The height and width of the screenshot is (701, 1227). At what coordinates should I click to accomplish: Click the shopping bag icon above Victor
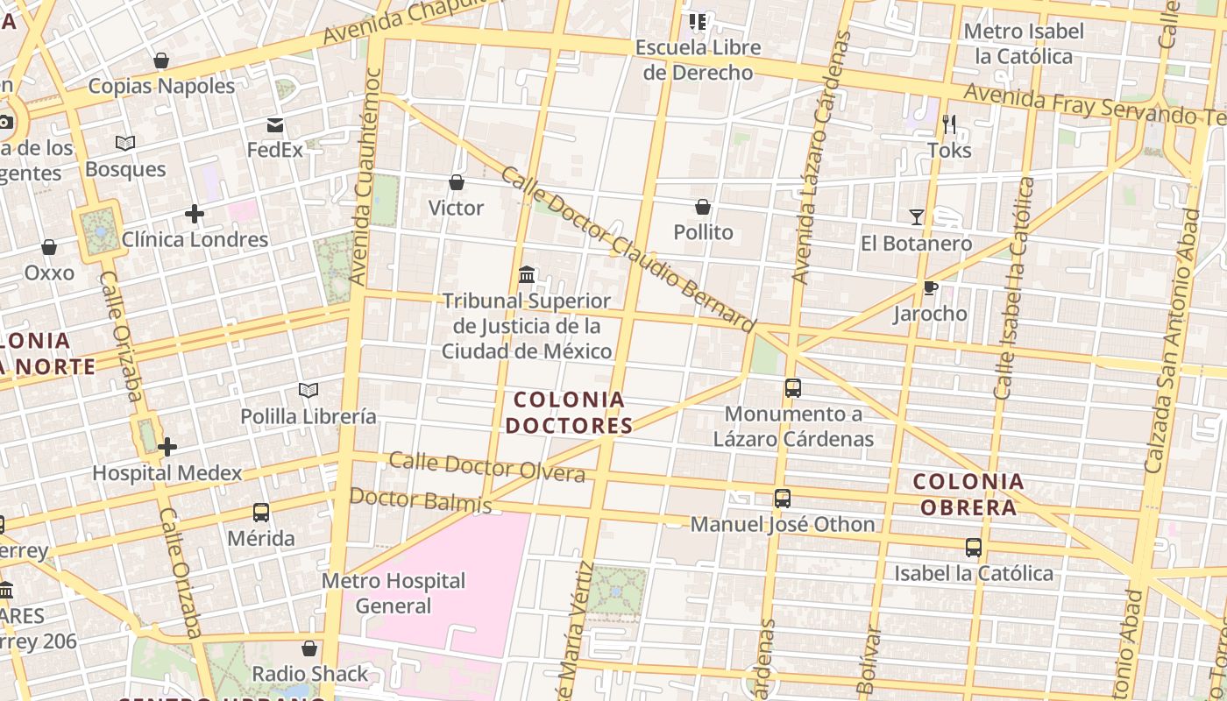pyautogui.click(x=456, y=182)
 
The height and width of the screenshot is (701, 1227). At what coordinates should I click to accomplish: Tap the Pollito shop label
pyautogui.click(x=703, y=232)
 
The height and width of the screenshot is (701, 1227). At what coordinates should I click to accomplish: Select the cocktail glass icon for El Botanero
pyautogui.click(x=917, y=216)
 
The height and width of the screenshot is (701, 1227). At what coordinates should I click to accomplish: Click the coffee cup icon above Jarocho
pyautogui.click(x=930, y=287)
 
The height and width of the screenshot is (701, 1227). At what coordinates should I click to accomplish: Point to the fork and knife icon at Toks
pyautogui.click(x=949, y=124)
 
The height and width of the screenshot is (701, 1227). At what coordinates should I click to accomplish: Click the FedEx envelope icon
pyautogui.click(x=275, y=124)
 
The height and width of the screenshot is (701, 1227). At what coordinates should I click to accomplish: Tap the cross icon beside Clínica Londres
pyautogui.click(x=195, y=214)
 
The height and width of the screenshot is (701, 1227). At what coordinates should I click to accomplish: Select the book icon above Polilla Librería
pyautogui.click(x=308, y=390)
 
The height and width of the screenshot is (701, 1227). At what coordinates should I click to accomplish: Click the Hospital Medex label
pyautogui.click(x=167, y=473)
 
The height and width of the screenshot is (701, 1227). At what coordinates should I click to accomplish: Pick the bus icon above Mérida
pyautogui.click(x=260, y=513)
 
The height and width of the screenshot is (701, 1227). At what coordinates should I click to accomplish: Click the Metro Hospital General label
pyautogui.click(x=394, y=593)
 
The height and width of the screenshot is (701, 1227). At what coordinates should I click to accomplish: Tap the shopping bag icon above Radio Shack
pyautogui.click(x=309, y=648)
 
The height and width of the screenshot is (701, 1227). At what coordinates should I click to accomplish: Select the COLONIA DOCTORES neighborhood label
pyautogui.click(x=571, y=413)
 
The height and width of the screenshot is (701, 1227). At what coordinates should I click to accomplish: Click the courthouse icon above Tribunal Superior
pyautogui.click(x=527, y=275)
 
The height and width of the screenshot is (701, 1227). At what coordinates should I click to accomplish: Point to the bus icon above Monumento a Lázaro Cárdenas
pyautogui.click(x=792, y=387)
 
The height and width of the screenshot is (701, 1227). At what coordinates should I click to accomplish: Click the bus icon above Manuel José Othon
pyautogui.click(x=783, y=499)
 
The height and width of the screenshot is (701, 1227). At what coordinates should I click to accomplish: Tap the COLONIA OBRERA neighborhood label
pyautogui.click(x=968, y=494)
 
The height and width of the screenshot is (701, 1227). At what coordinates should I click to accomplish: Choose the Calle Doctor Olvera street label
pyautogui.click(x=486, y=467)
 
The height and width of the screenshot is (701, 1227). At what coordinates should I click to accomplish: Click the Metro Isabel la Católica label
pyautogui.click(x=1023, y=44)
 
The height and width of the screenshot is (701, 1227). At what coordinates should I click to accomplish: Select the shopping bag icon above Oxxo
pyautogui.click(x=49, y=248)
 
